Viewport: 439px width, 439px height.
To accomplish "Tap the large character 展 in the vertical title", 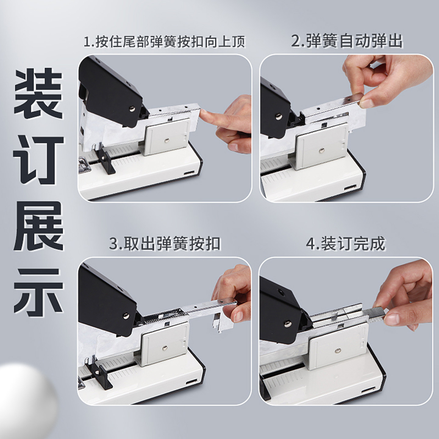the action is tap(38, 226).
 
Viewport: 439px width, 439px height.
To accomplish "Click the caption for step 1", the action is tap(165, 42).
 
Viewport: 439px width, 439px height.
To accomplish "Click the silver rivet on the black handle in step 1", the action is tap(132, 109).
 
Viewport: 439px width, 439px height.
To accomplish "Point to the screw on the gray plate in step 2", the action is tap(322, 150).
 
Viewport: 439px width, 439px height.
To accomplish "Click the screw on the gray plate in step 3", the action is tap(165, 348).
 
